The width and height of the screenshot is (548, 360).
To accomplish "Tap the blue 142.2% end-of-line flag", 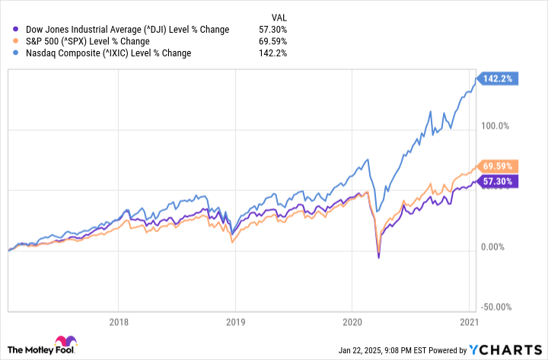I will [x=498, y=78].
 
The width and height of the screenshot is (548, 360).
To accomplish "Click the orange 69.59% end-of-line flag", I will [x=498, y=166].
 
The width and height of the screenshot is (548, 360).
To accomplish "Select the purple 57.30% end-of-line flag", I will [x=498, y=181].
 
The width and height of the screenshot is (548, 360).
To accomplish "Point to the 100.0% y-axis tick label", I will [x=499, y=126].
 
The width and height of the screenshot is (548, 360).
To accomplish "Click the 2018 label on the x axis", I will [x=119, y=322].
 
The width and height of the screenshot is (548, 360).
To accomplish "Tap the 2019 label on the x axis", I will [x=235, y=322].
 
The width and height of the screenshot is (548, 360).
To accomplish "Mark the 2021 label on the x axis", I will [x=469, y=322].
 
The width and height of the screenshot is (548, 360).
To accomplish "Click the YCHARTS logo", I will [x=505, y=349].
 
